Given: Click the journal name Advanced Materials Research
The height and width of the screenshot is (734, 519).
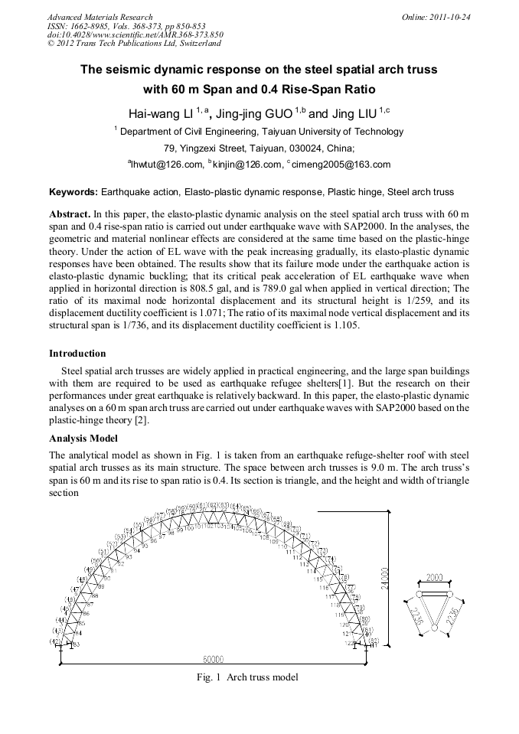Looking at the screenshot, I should pyautogui.click(x=100, y=17).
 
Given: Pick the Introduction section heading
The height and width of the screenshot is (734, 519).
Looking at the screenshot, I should pyautogui.click(x=77, y=354).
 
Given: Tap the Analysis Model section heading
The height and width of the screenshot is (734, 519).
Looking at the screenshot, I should pyautogui.click(x=83, y=439).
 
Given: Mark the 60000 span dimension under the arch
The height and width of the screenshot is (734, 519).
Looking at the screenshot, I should pyautogui.click(x=214, y=659).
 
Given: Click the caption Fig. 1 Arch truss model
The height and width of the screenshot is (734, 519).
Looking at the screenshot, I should pyautogui.click(x=247, y=677).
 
